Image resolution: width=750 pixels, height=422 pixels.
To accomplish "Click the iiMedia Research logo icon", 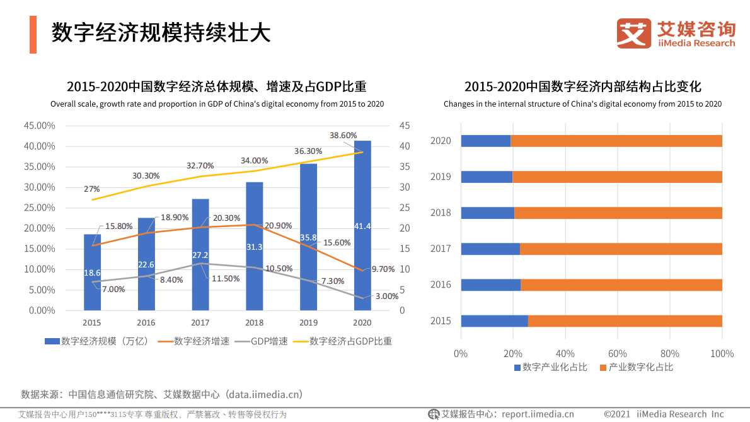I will pos(633,33).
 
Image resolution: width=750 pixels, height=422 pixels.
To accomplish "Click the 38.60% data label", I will pos(343,135).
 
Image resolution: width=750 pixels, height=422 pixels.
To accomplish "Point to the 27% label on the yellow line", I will pos(91,189).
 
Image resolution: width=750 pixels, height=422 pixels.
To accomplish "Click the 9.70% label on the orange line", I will pos(383,269).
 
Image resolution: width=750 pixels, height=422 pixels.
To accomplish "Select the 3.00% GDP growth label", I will pos(386,295).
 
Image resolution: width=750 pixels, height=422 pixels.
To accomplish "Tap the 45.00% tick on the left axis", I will pos(38,126).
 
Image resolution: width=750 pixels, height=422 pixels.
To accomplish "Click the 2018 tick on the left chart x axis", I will pos(254,323).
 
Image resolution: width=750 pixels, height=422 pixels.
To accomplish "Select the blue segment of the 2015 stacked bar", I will pos(494,321).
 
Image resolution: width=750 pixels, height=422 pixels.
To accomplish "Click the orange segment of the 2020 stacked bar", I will pos(616,141).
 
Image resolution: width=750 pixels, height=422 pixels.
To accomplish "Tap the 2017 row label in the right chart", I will pos(441,249).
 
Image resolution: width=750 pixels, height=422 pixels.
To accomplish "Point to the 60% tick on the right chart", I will pos(618,353).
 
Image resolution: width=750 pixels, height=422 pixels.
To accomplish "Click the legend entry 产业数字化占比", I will pos(636,367).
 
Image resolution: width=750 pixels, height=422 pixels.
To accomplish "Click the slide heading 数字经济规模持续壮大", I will pos(161,33).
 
